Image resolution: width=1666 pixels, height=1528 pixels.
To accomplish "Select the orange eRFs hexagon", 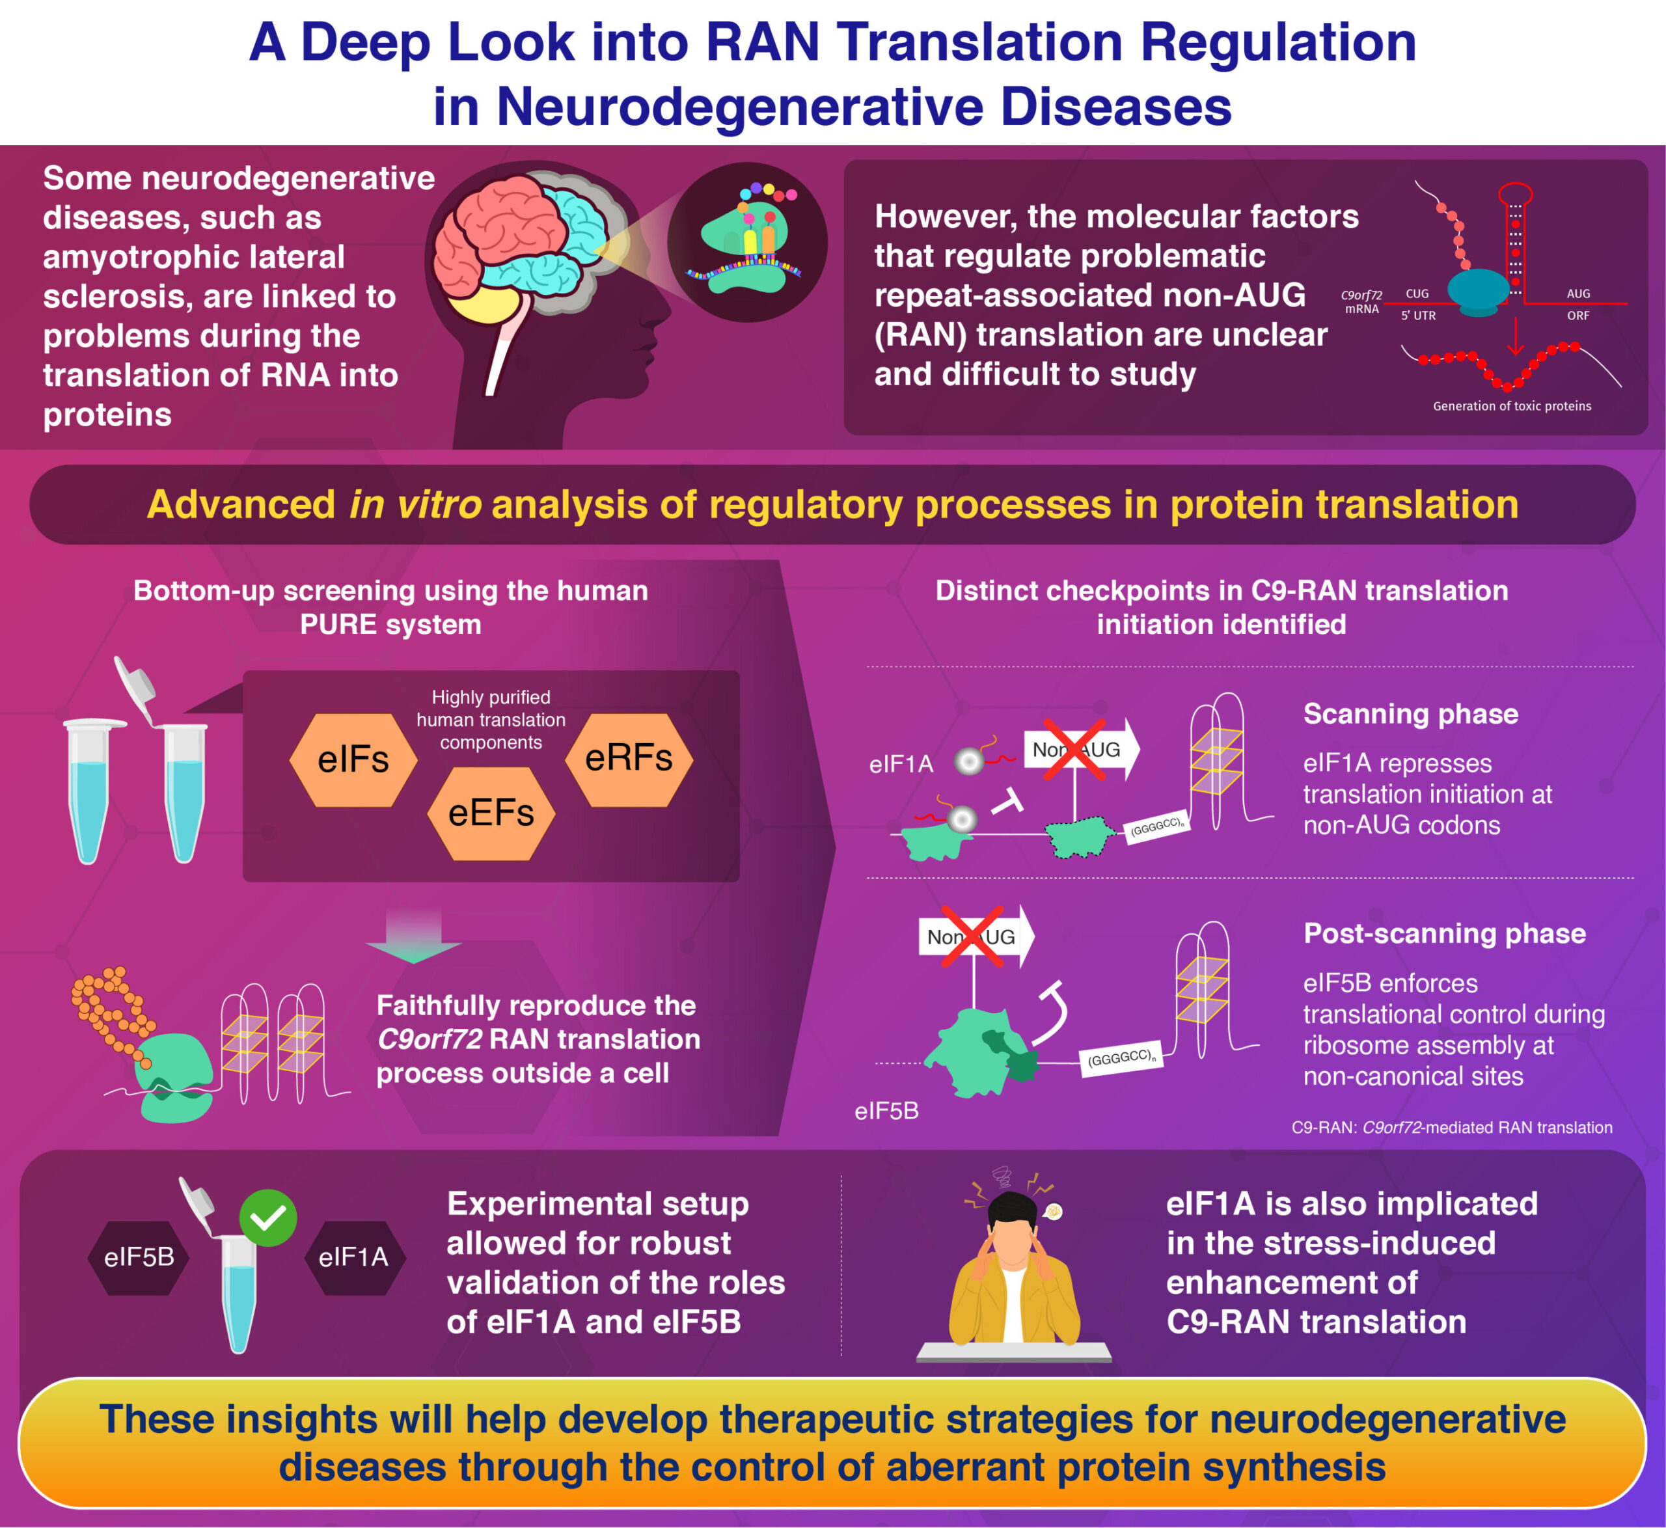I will coord(629,758).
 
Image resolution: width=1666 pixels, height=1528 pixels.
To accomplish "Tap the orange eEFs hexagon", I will coord(491,813).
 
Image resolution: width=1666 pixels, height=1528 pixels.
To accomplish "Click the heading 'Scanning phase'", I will coord(1410,713).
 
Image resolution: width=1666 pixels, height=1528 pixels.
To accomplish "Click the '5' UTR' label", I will coord(1418,316).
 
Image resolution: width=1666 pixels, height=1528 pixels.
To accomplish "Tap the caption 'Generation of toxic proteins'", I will coord(1511,406).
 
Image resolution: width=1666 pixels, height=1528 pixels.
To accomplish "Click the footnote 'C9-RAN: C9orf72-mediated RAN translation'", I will coord(1451,1128).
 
